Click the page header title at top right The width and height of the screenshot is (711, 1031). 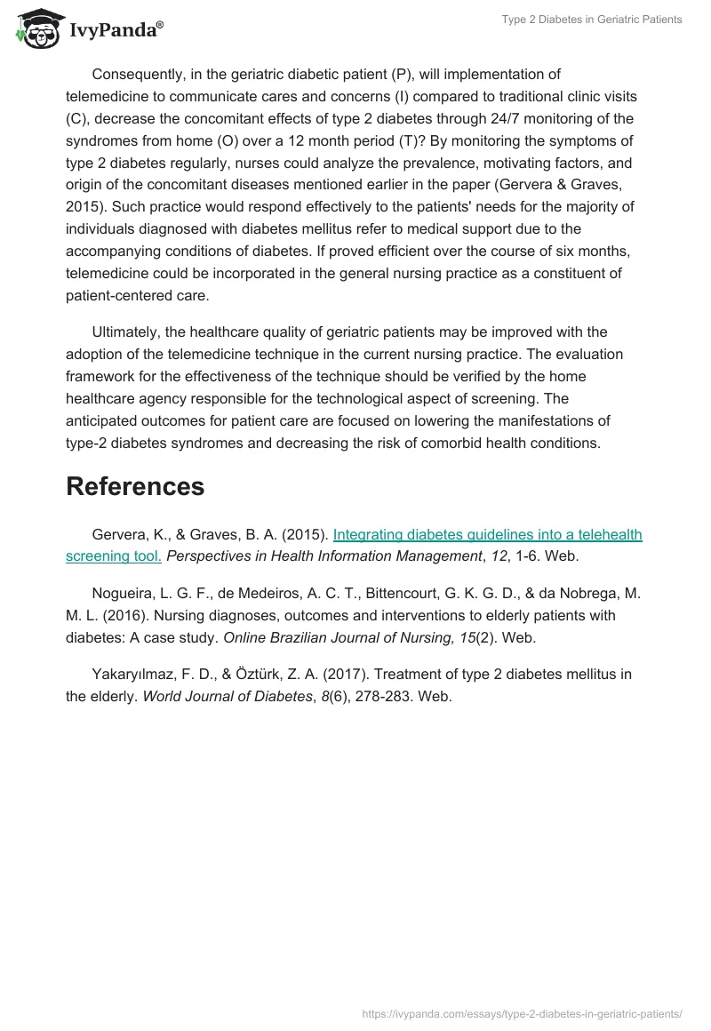click(x=593, y=20)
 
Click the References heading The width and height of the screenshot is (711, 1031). click(x=135, y=486)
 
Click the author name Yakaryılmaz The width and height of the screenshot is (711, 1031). click(x=133, y=675)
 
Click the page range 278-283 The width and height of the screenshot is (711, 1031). click(x=378, y=697)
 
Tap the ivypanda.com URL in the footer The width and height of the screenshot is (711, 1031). click(x=523, y=1012)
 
